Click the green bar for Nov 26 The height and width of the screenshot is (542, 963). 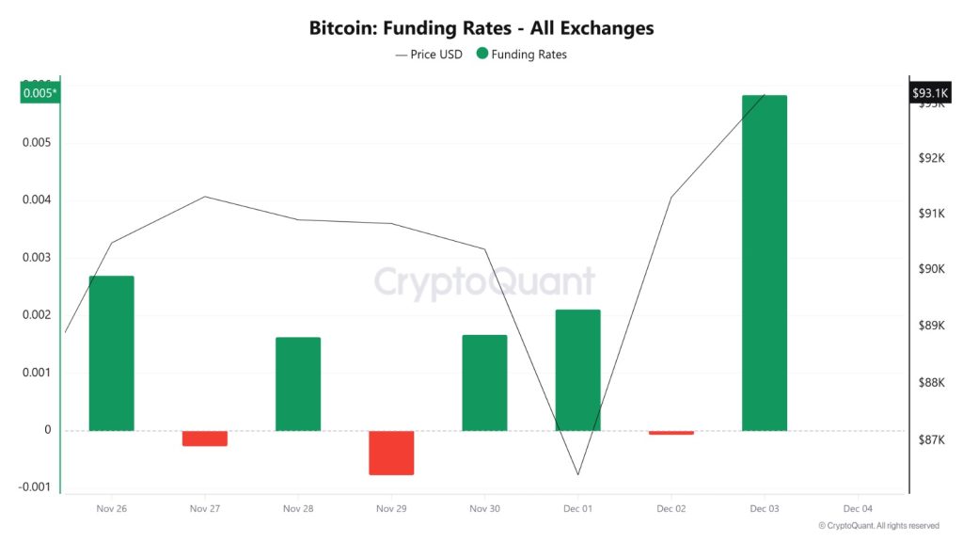[x=111, y=353]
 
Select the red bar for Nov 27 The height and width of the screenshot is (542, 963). [x=205, y=438]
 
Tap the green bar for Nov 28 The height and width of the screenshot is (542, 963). [x=298, y=384]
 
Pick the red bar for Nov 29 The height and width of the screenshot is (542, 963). [x=391, y=453]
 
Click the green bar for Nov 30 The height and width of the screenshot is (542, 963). [x=484, y=383]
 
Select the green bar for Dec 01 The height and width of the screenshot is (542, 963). [x=577, y=370]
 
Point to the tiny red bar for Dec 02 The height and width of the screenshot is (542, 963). [x=671, y=433]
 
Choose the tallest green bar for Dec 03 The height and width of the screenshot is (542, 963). [x=765, y=263]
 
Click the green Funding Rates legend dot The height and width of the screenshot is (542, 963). [x=482, y=55]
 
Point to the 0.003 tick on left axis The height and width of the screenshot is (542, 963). [x=36, y=258]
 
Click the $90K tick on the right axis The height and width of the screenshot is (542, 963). [x=931, y=269]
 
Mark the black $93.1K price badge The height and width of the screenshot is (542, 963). [x=931, y=93]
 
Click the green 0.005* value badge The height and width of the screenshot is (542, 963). [x=39, y=93]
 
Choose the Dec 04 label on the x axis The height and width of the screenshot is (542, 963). [x=858, y=508]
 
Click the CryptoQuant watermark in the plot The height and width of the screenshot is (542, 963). [x=484, y=282]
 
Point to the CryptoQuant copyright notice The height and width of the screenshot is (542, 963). [x=878, y=526]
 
